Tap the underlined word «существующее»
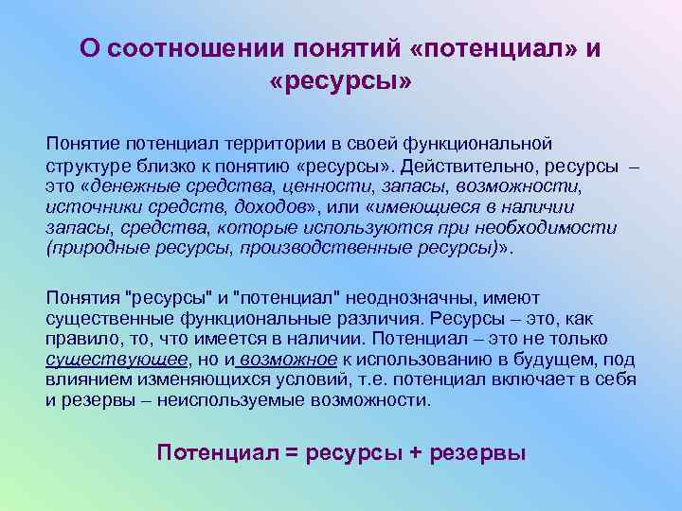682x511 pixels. pos(117,359)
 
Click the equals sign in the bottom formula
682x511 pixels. pos(290,452)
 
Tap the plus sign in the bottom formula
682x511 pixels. pos(414,452)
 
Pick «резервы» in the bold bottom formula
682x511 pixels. pos(477,452)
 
